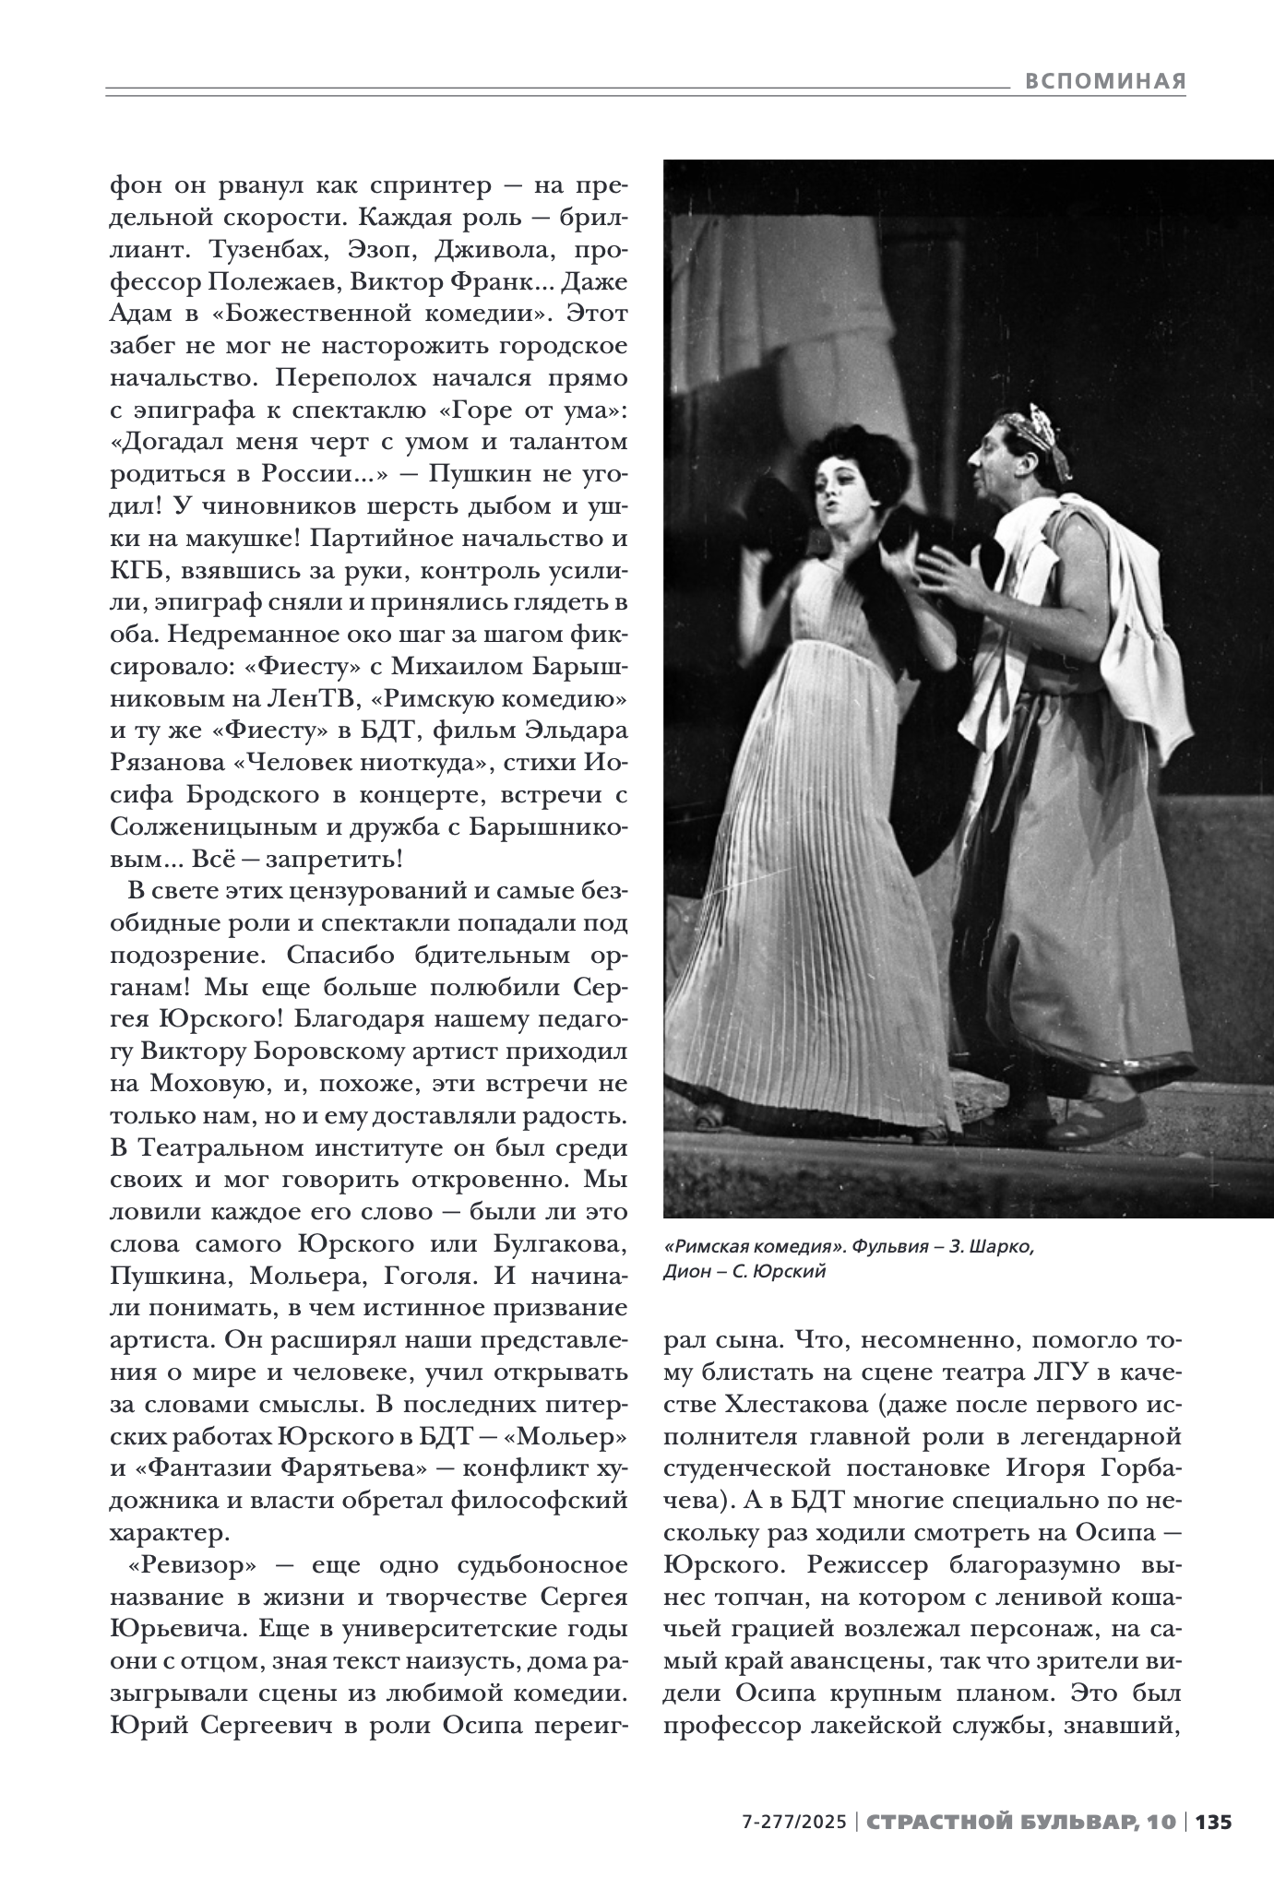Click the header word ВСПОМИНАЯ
pyautogui.click(x=1104, y=81)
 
